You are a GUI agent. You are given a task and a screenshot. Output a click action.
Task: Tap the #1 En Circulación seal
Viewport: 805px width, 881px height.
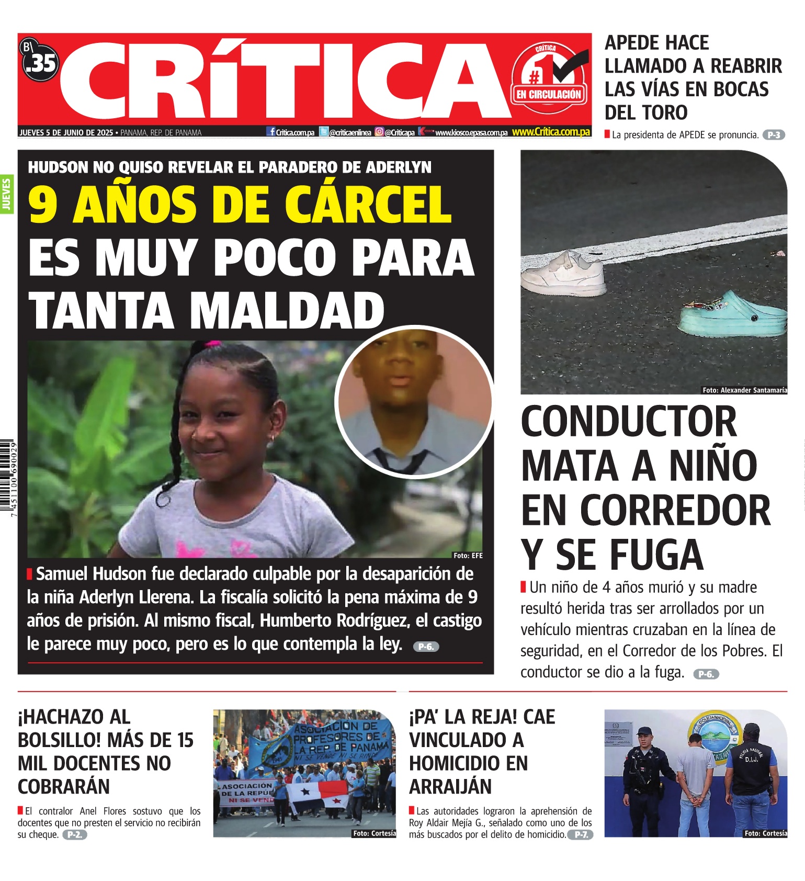549,78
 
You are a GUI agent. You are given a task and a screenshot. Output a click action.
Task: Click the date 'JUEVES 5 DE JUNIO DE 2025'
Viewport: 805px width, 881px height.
66,133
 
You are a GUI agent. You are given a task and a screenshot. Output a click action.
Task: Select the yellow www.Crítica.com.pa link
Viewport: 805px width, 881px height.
551,132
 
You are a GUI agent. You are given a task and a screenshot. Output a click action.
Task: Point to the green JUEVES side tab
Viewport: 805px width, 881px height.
7,194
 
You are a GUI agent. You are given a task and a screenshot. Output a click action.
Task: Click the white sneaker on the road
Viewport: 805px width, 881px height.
564,273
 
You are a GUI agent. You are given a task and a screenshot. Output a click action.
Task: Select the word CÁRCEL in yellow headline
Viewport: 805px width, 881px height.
368,205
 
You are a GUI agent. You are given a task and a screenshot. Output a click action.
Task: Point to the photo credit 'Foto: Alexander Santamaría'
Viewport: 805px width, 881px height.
744,390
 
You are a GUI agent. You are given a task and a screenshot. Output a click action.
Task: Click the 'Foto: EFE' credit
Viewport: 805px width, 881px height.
468,556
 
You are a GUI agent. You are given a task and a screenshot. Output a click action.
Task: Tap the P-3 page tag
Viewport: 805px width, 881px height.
774,135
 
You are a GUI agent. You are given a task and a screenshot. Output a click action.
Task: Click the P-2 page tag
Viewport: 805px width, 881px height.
74,835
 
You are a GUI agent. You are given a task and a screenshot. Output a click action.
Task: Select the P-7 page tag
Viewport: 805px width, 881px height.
580,835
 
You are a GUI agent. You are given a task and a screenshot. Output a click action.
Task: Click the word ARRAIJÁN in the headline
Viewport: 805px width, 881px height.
450,787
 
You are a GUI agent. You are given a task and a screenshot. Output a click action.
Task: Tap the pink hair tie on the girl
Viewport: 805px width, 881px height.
213,344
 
